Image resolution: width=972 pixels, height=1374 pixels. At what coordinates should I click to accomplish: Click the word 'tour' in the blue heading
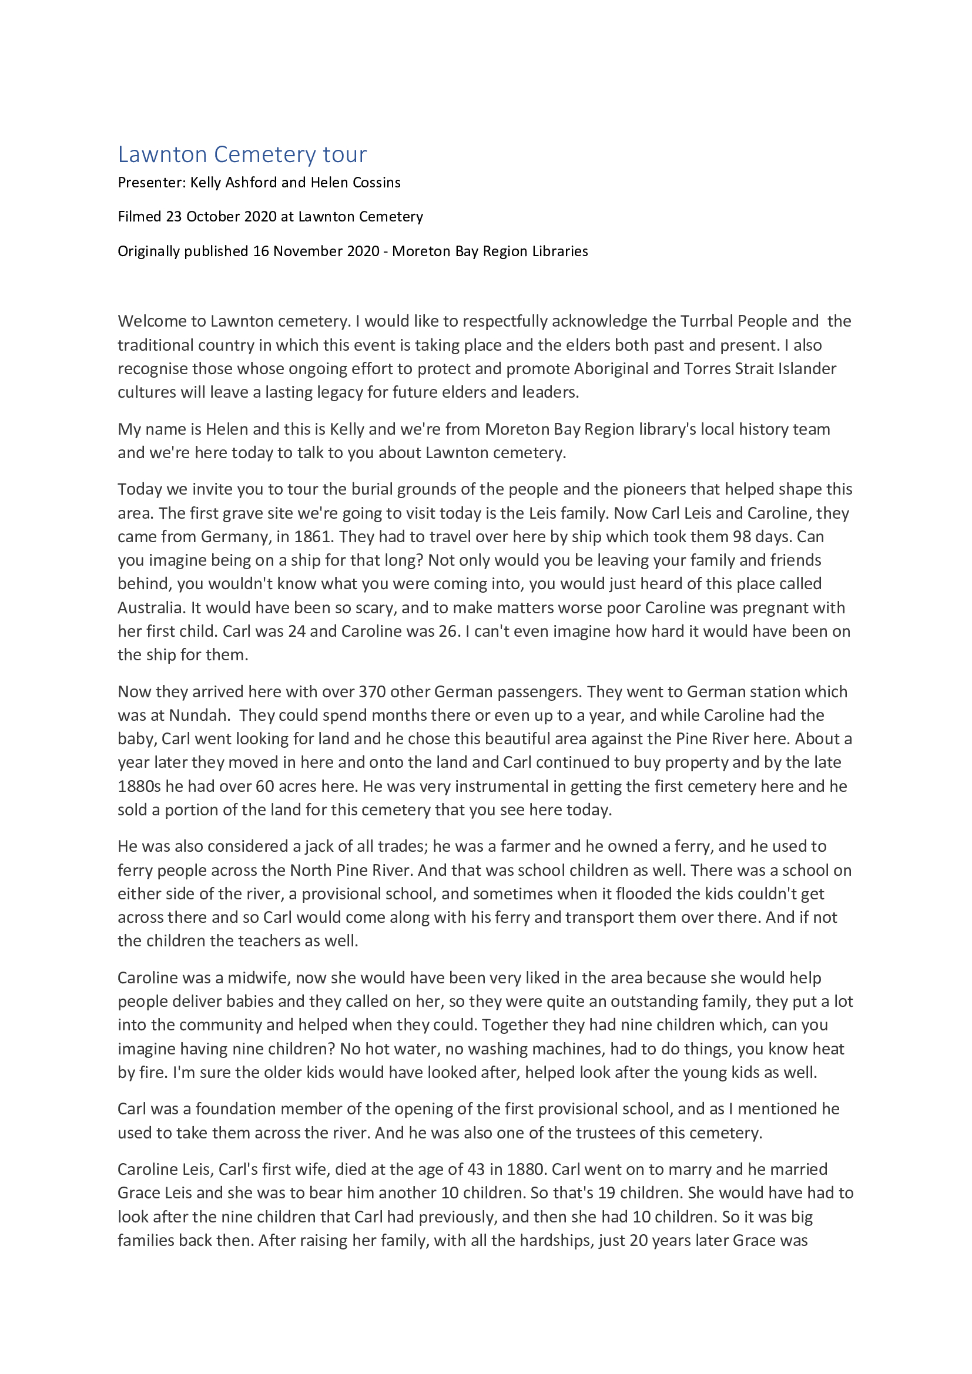coord(345,154)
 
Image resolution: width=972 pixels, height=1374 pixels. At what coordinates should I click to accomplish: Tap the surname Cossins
coord(377,183)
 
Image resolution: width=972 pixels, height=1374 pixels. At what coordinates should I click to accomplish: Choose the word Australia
coord(151,608)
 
